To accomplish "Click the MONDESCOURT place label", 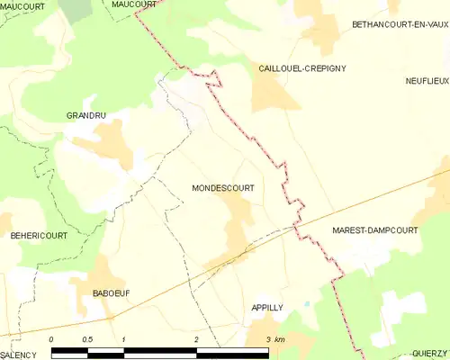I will tap(222, 189).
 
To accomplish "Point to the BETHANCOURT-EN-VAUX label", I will tap(400, 23).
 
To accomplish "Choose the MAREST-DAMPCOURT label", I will tap(375, 230).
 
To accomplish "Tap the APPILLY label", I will tap(267, 308).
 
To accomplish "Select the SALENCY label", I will tap(18, 355).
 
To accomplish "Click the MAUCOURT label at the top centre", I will tap(134, 4).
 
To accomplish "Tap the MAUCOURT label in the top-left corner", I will tap(23, 6).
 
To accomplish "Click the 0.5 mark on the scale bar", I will tap(87, 338).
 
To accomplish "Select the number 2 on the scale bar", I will tap(196, 338).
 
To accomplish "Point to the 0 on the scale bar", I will tap(51, 338).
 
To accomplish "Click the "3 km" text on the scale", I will tap(274, 338).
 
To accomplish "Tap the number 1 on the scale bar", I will tap(123, 338).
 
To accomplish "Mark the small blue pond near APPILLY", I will tap(306, 304).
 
